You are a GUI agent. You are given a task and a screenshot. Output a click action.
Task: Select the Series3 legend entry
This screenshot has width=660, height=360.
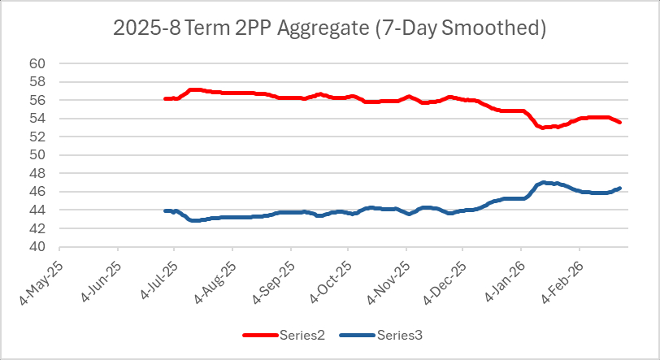click(x=398, y=335)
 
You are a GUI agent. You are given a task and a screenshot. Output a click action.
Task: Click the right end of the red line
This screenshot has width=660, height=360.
click(x=620, y=122)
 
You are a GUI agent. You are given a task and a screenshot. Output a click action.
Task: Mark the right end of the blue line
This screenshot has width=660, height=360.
click(x=620, y=189)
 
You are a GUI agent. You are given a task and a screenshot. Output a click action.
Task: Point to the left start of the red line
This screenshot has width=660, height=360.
click(x=165, y=98)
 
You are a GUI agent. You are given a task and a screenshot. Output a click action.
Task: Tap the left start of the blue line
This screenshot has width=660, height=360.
click(x=165, y=210)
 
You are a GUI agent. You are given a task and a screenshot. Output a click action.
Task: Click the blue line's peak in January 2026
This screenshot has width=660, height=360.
click(x=543, y=183)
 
